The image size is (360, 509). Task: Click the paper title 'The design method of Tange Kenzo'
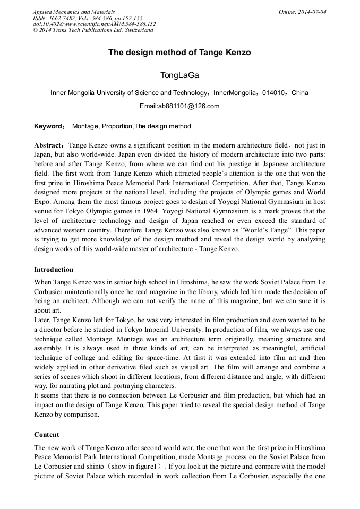179,53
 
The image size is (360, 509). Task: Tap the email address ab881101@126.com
179,106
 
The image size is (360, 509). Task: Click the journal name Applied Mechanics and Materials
74,12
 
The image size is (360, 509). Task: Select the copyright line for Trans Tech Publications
93,30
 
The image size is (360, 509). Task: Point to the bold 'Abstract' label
49,145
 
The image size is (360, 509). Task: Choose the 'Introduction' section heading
54,270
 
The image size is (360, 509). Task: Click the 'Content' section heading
47,434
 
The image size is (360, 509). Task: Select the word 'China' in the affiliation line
300,93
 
